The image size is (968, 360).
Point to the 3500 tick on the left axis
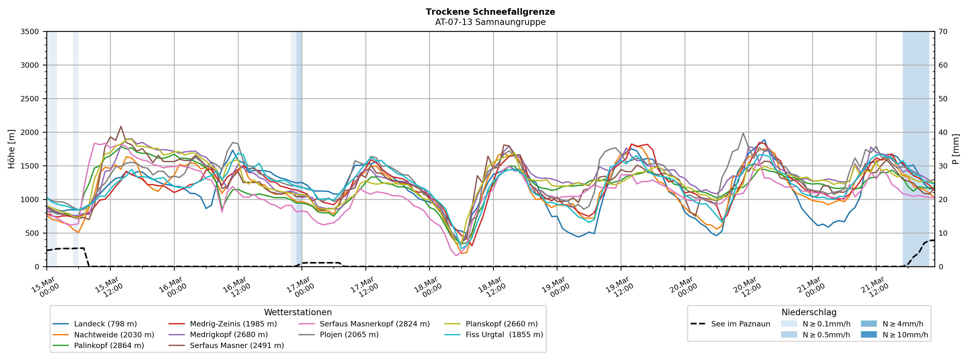click(x=30, y=32)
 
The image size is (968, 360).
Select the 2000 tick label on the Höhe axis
click(x=30, y=132)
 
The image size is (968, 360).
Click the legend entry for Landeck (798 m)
click(x=105, y=324)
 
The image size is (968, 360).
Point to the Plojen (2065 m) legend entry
click(x=349, y=335)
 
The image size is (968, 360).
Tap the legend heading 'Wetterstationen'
click(x=298, y=312)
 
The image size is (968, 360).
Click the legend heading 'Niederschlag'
click(x=809, y=312)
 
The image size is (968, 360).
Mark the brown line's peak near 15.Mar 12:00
click(x=121, y=126)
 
